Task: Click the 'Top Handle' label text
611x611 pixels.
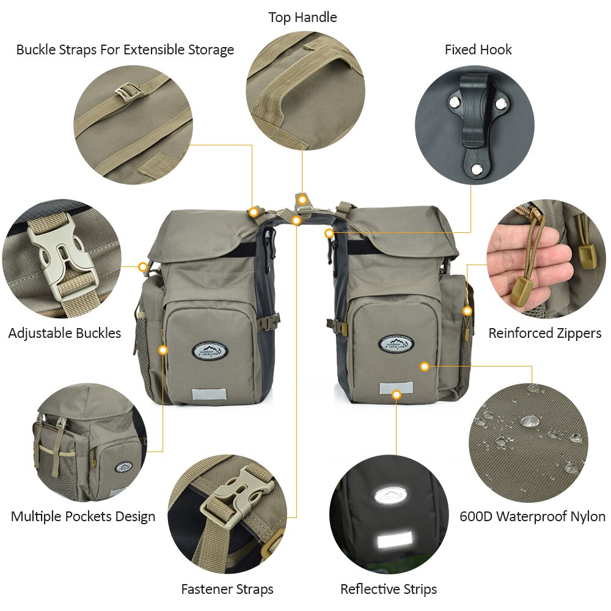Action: (302, 18)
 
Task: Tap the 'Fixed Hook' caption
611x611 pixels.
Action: (478, 49)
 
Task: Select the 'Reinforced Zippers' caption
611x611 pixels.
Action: (544, 333)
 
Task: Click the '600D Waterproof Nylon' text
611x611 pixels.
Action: (532, 516)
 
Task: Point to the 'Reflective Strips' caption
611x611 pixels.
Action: (389, 589)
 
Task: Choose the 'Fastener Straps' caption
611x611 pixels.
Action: (227, 589)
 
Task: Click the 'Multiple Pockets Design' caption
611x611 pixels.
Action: (83, 516)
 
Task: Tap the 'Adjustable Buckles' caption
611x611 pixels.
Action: (65, 333)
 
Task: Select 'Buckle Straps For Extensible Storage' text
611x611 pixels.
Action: (125, 49)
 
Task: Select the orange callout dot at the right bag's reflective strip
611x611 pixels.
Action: (397, 395)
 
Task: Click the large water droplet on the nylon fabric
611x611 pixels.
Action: (529, 421)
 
